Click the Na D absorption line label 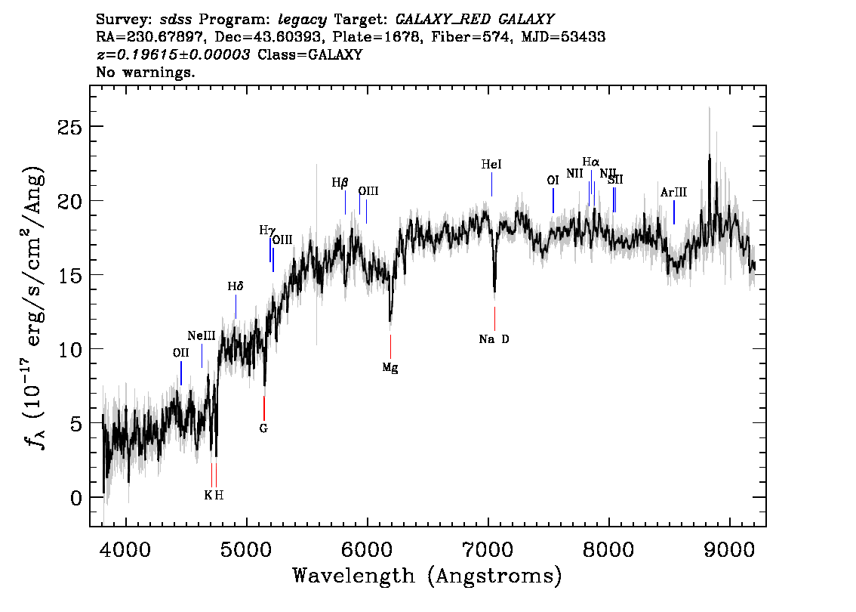click(494, 339)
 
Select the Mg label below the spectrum click(390, 368)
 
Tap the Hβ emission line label click(340, 182)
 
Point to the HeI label click(491, 164)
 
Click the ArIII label click(673, 193)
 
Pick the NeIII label click(202, 335)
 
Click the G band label click(263, 428)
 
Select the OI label click(553, 180)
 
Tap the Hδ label click(236, 287)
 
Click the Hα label click(591, 162)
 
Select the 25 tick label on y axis click(69, 126)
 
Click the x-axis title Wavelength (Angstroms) click(427, 576)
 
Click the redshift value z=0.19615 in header click(173, 55)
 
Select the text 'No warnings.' click(146, 73)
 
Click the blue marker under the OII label click(181, 372)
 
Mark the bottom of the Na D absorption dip click(494, 290)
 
